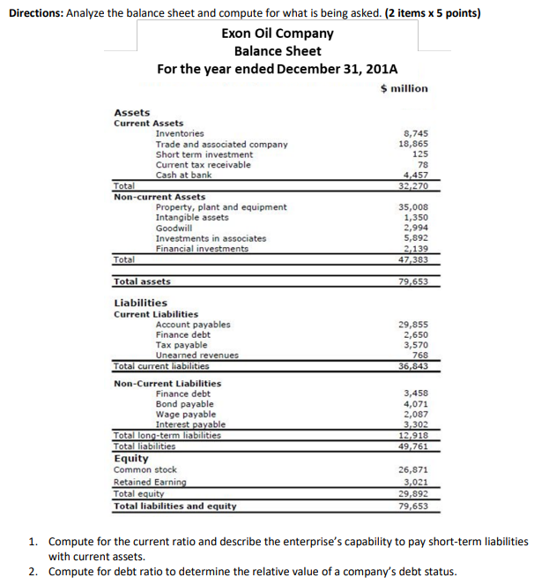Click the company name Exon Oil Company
pyautogui.click(x=277, y=34)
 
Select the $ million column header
pyautogui.click(x=404, y=88)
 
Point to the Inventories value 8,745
pyautogui.click(x=414, y=133)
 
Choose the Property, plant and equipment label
pyautogui.click(x=220, y=207)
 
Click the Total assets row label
pyautogui.click(x=142, y=281)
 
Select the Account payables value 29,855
pyautogui.click(x=413, y=325)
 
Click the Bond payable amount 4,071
pyautogui.click(x=415, y=404)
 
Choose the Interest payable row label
pyautogui.click(x=190, y=424)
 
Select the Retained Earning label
pyautogui.click(x=150, y=482)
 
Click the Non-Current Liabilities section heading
pyautogui.click(x=167, y=383)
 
